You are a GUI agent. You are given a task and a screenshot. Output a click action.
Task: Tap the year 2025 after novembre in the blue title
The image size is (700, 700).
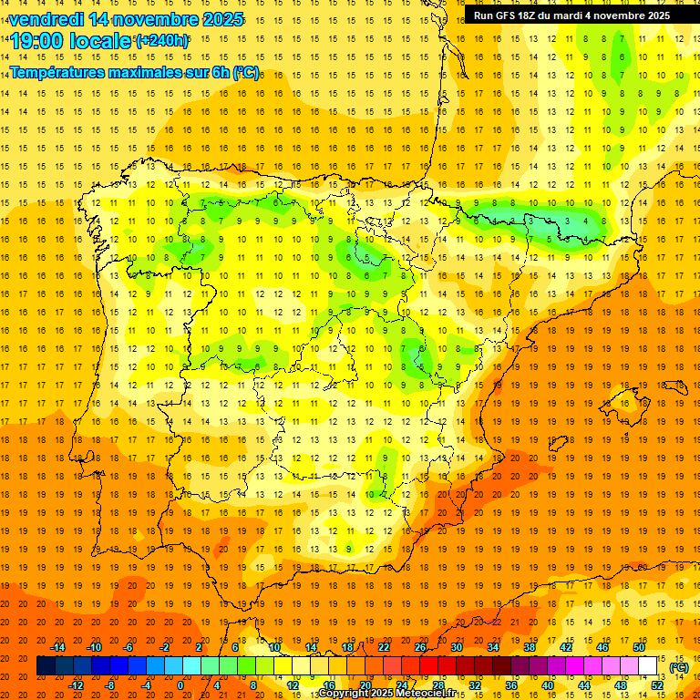pyautogui.click(x=221, y=19)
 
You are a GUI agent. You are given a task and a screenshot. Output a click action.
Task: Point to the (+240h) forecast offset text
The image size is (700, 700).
pyautogui.click(x=162, y=41)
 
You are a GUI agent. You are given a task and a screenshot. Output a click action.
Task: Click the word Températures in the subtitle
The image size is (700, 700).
pyautogui.click(x=57, y=72)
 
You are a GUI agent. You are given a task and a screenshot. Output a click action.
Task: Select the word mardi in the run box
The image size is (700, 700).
pyautogui.click(x=574, y=15)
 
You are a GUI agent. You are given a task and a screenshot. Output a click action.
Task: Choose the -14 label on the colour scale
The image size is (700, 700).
pyautogui.click(x=57, y=647)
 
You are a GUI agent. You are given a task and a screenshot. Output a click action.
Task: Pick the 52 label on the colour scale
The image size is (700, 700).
pyautogui.click(x=657, y=685)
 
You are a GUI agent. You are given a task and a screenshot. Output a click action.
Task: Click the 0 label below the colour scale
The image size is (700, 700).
pyautogui.click(x=180, y=685)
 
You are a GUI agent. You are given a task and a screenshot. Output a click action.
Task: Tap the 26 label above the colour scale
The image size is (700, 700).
pyautogui.click(x=420, y=647)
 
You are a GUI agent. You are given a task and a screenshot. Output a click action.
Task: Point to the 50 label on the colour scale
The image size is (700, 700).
pyautogui.click(x=639, y=647)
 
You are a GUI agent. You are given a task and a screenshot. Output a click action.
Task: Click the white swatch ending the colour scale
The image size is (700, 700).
pyautogui.click(x=647, y=666)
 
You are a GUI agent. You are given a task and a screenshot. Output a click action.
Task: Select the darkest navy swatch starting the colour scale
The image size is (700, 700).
pyautogui.click(x=46, y=666)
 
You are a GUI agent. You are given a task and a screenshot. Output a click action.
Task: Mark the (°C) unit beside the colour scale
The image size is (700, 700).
pyautogui.click(x=678, y=666)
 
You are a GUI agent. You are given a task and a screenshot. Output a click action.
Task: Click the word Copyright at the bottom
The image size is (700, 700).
pyautogui.click(x=345, y=694)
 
